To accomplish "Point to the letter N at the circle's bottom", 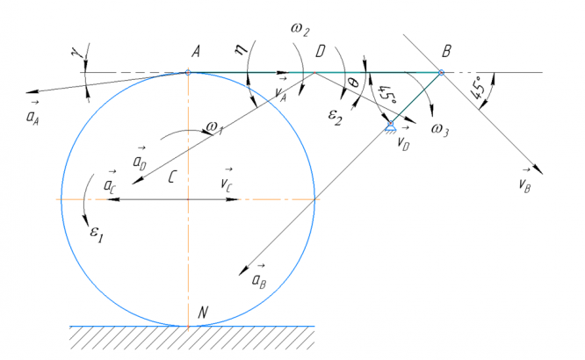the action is (x=203, y=312).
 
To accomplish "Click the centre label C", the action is (x=175, y=177).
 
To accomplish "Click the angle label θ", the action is (x=352, y=83).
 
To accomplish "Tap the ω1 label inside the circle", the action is (x=212, y=129).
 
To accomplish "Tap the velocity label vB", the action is (x=525, y=184).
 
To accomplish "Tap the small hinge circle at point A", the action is (x=188, y=72).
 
